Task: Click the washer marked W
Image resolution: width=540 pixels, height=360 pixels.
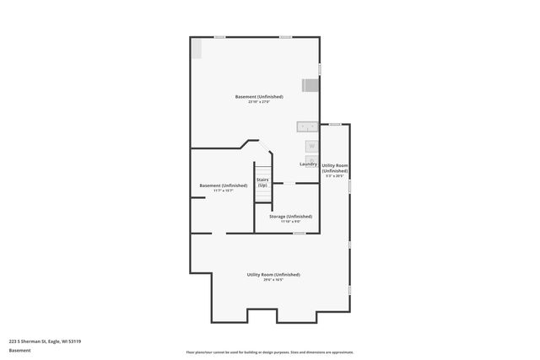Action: (x=311, y=146)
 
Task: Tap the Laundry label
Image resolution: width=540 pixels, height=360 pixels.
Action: (x=308, y=164)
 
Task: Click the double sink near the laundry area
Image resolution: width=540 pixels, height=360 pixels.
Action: (x=306, y=126)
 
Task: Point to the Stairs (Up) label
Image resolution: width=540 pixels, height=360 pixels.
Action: (x=262, y=182)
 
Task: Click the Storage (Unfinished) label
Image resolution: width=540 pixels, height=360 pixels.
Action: (x=290, y=217)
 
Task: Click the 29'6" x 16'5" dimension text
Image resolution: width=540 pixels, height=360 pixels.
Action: (x=273, y=280)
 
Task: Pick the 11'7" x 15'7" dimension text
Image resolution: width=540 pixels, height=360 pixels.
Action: (x=223, y=191)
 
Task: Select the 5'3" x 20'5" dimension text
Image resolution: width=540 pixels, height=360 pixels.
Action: (x=335, y=176)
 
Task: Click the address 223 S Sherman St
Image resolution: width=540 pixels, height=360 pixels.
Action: (x=45, y=341)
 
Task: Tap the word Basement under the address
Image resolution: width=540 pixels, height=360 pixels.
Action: (x=19, y=351)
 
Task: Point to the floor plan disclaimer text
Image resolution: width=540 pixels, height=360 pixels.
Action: (x=269, y=352)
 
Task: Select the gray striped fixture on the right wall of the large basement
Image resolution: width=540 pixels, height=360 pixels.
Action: (x=310, y=84)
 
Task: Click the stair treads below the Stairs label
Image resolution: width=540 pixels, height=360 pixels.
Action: (x=262, y=196)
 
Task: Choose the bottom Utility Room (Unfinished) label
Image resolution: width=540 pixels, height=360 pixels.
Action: (x=273, y=275)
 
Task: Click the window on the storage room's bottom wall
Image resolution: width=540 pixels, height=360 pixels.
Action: (x=298, y=233)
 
